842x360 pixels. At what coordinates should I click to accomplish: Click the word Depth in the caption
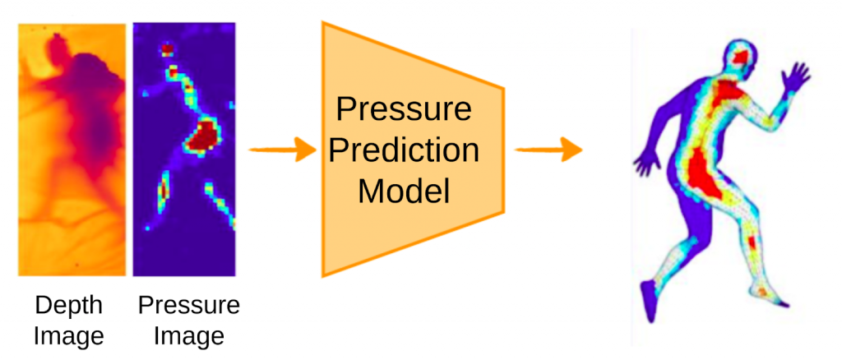[x=68, y=307]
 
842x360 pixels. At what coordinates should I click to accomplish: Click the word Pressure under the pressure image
[x=189, y=306]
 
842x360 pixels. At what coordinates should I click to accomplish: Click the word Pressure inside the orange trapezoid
[x=404, y=109]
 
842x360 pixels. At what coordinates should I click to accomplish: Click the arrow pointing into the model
[x=282, y=149]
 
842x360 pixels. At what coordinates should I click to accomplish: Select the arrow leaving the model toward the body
[x=548, y=149]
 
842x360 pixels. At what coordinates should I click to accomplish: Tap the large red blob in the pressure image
[x=203, y=135]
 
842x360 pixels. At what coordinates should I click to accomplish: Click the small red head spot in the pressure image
[x=168, y=49]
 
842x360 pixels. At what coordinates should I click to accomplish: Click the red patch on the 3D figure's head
[x=743, y=57]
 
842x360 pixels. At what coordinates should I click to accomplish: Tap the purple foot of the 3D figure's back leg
[x=647, y=301]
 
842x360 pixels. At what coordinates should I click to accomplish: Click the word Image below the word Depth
[x=68, y=337]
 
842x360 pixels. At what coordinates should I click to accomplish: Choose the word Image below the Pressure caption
[x=189, y=337]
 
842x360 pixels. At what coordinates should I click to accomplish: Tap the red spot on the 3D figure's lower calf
[x=752, y=243]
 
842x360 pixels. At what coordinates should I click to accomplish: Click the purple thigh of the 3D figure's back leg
[x=692, y=215]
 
